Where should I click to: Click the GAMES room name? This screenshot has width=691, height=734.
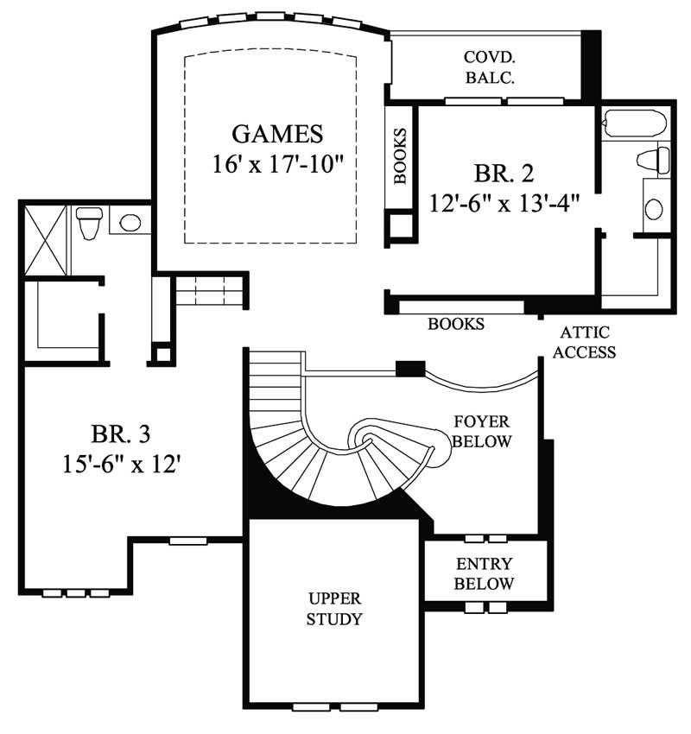click(278, 134)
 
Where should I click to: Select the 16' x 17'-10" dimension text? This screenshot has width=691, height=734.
click(278, 164)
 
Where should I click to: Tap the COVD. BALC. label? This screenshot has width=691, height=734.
click(490, 66)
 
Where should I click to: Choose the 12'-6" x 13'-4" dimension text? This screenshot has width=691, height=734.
click(504, 203)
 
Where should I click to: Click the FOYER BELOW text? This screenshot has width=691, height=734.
click(483, 432)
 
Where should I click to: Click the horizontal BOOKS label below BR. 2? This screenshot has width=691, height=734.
click(456, 325)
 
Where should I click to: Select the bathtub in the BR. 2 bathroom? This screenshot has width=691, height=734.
click(635, 123)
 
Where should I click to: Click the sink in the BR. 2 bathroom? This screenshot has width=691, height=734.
click(655, 208)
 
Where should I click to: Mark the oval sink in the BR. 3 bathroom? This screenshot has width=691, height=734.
click(130, 223)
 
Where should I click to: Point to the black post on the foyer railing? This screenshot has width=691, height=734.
click(409, 369)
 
